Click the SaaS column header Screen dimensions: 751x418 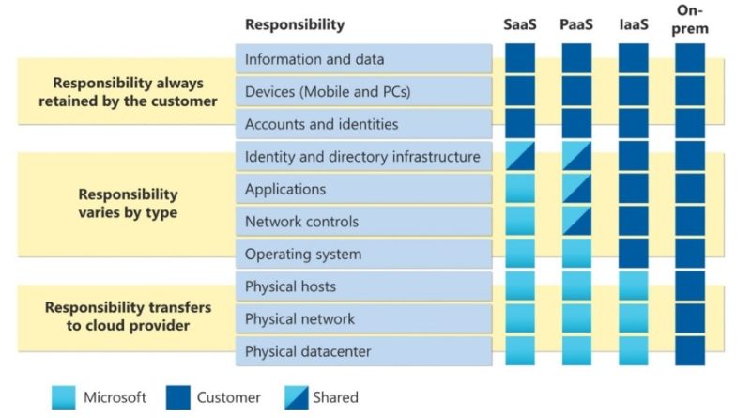(x=520, y=24)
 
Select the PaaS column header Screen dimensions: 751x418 (x=576, y=24)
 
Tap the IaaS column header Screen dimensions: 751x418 (x=634, y=24)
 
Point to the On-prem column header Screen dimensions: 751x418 (x=690, y=19)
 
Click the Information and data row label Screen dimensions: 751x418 (x=314, y=59)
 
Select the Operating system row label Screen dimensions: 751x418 (x=303, y=254)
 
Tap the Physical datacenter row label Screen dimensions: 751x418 (x=308, y=351)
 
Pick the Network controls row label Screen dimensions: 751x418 (x=301, y=222)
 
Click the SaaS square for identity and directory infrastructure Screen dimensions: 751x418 (x=520, y=156)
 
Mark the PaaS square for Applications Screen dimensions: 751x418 (x=576, y=189)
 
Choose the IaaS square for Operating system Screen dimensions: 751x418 (x=633, y=254)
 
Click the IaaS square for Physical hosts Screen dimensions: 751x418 (x=633, y=286)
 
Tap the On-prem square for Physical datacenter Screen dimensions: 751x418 (x=690, y=351)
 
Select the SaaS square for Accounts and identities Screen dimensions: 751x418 (x=520, y=123)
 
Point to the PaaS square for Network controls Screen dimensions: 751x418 (x=576, y=221)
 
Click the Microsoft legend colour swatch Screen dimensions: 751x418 (x=64, y=398)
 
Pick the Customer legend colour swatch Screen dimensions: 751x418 (x=178, y=398)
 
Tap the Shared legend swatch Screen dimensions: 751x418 (x=297, y=398)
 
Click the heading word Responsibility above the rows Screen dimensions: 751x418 (x=295, y=24)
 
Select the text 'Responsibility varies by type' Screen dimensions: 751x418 (x=128, y=203)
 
